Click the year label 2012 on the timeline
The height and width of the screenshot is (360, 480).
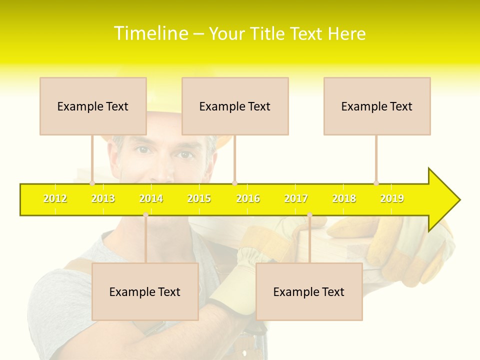(55, 199)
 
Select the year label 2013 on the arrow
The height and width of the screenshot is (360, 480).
(103, 199)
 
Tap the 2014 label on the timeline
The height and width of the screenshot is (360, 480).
(151, 199)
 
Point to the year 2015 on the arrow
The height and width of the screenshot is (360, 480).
(199, 199)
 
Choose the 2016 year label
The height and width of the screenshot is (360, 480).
(248, 199)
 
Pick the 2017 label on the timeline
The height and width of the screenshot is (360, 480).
(296, 199)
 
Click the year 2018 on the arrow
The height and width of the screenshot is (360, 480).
(344, 199)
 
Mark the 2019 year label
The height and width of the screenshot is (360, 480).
(392, 199)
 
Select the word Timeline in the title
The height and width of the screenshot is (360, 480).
(151, 33)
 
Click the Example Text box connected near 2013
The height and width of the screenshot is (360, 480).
(93, 106)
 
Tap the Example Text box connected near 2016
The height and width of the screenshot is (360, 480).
(235, 106)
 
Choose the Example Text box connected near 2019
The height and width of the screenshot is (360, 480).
(377, 106)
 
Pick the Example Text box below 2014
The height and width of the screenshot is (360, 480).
(145, 291)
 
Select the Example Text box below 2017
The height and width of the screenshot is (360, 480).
(309, 291)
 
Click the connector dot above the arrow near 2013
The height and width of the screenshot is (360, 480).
(92, 183)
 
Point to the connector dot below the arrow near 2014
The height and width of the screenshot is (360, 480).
(145, 214)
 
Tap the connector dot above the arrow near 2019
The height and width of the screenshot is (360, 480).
(376, 183)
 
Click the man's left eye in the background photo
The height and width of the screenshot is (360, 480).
(184, 154)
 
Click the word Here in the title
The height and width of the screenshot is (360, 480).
(347, 34)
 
